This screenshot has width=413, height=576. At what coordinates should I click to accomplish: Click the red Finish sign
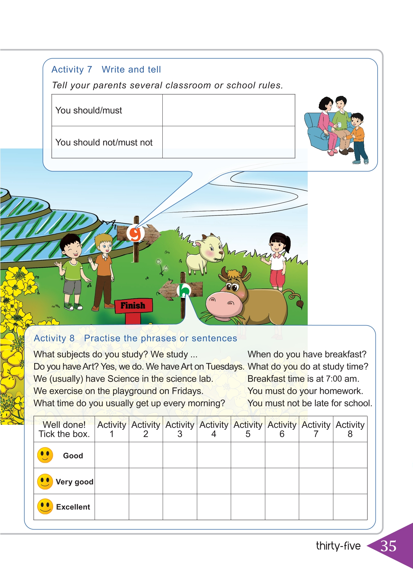(133, 306)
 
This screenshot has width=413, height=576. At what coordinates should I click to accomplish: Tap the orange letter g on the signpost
(135, 233)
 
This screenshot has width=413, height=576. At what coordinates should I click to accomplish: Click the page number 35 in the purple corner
(388, 546)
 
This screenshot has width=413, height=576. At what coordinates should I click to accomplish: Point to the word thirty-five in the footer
(338, 546)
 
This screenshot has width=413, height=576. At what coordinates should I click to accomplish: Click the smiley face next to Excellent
(45, 507)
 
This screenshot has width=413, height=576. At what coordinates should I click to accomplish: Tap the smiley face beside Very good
(45, 482)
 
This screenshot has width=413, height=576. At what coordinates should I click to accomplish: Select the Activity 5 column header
(248, 429)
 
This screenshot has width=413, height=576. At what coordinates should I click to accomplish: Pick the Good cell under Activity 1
(112, 455)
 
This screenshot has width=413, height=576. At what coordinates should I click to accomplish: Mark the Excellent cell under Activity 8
(350, 507)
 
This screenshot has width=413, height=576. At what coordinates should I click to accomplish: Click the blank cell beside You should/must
(229, 110)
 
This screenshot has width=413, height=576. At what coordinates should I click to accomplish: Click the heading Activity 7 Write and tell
(106, 70)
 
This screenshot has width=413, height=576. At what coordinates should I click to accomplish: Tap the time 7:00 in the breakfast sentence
(334, 379)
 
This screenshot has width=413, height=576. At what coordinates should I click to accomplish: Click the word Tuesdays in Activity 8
(225, 367)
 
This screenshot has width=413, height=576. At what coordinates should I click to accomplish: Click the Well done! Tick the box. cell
(64, 429)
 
